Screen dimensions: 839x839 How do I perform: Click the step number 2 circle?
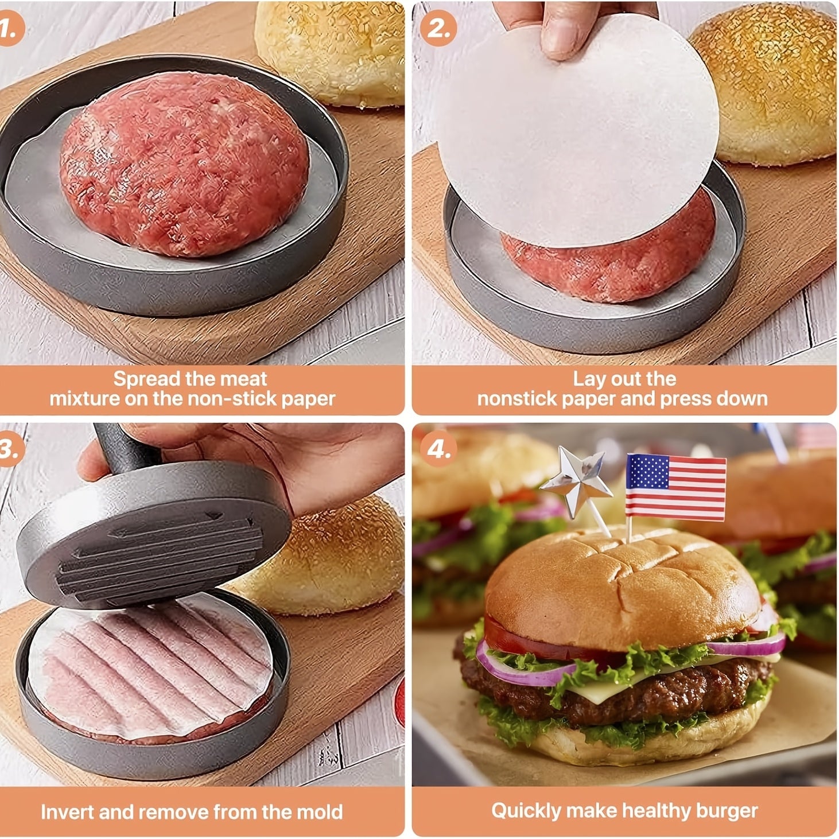pos(438,28)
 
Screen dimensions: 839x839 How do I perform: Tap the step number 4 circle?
pos(438,449)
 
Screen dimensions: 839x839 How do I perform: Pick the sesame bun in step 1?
pos(330,52)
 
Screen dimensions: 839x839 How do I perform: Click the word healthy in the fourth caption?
pos(656,810)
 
